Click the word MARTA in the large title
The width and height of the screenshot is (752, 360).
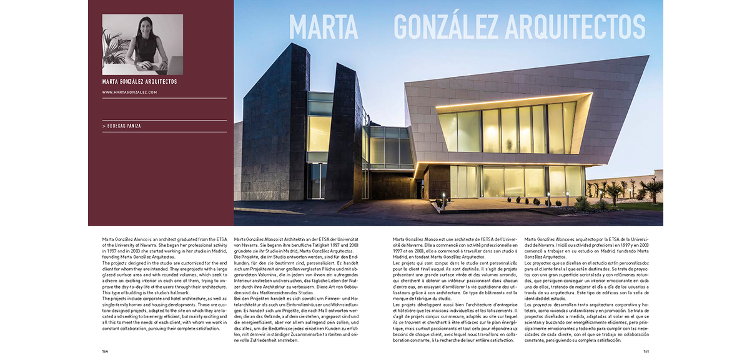pyautogui.click(x=323, y=26)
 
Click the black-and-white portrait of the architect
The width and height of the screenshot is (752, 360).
pyautogui.click(x=142, y=44)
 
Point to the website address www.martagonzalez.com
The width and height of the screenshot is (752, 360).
pyautogui.click(x=129, y=92)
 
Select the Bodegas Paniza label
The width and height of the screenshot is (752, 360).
pyautogui.click(x=122, y=126)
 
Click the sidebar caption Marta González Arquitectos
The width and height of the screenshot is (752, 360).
pyautogui.click(x=139, y=81)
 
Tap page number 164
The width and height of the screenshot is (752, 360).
pyautogui.click(x=106, y=351)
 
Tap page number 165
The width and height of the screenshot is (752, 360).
pyautogui.click(x=646, y=351)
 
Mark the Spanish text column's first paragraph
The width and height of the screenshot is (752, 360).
pyautogui.click(x=586, y=248)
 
